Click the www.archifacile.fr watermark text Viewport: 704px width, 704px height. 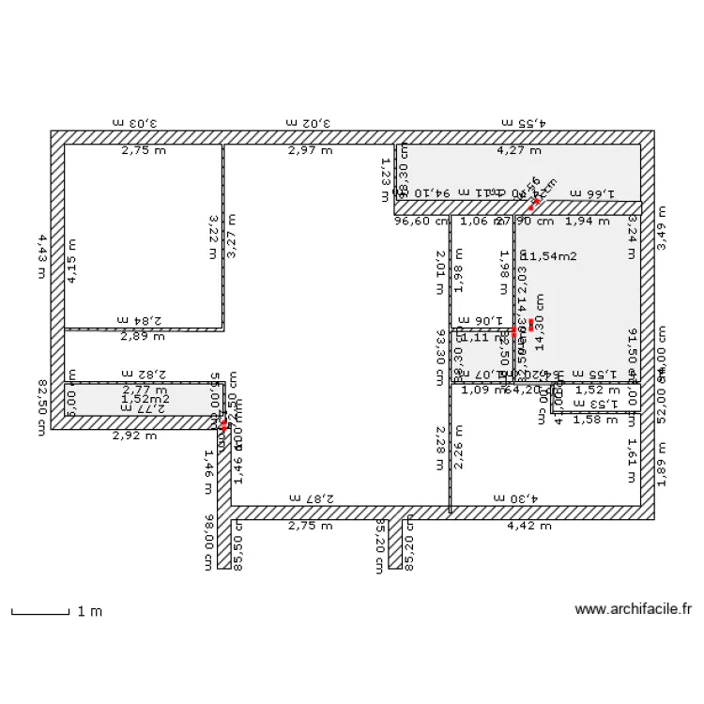pyautogui.click(x=633, y=609)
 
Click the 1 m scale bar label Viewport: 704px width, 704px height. pyautogui.click(x=89, y=611)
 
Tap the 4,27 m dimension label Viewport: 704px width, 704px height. pyautogui.click(x=519, y=149)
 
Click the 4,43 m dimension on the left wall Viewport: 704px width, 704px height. pyautogui.click(x=41, y=256)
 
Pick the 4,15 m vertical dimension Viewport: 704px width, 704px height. pyautogui.click(x=72, y=260)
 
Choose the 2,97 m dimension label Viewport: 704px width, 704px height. pyautogui.click(x=310, y=149)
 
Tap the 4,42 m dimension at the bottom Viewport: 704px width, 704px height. pyautogui.click(x=528, y=526)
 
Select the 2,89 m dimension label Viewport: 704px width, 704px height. pyautogui.click(x=144, y=335)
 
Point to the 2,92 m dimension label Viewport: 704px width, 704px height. pyautogui.click(x=134, y=435)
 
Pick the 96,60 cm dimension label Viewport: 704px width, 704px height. pyautogui.click(x=417, y=222)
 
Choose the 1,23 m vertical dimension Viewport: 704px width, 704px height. pyautogui.click(x=385, y=179)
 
